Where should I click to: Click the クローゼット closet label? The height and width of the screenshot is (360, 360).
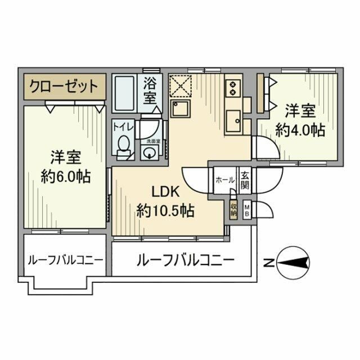[x=64, y=87]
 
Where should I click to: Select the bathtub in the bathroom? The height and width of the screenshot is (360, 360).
[x=124, y=94]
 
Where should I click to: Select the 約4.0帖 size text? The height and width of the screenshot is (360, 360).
[x=299, y=130]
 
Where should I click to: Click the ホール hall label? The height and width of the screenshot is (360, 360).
[x=224, y=180]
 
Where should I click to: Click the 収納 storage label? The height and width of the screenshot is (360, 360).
[x=233, y=210]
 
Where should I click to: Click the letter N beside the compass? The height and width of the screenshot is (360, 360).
[x=269, y=262]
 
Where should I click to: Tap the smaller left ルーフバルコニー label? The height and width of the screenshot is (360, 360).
[x=65, y=260]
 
